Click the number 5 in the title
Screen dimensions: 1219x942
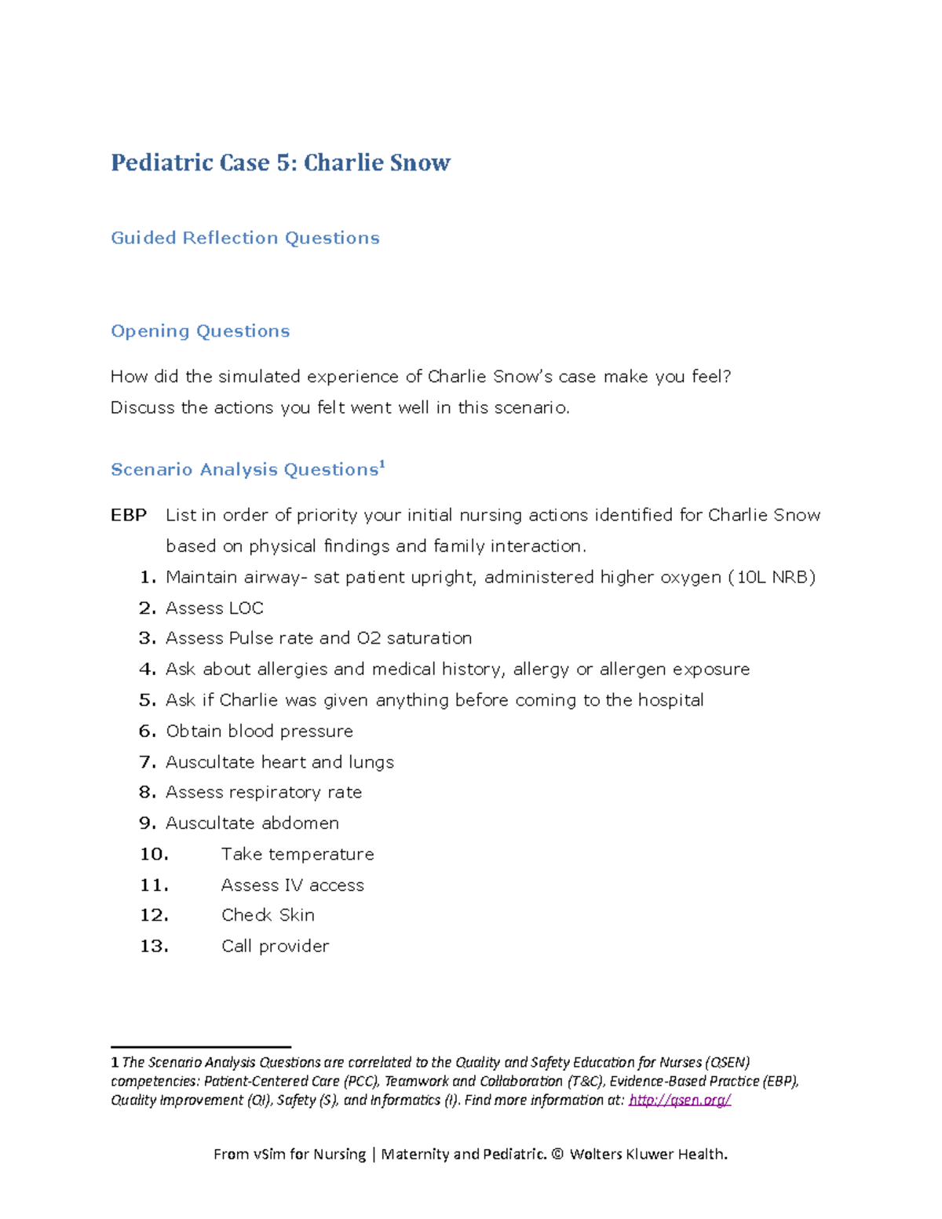tap(283, 162)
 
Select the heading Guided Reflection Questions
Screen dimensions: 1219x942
tap(245, 238)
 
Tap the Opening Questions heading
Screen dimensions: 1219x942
tap(200, 331)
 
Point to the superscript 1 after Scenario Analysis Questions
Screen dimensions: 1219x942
tap(382, 465)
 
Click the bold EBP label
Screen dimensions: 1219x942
tap(129, 515)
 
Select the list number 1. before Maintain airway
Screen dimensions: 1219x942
tap(148, 578)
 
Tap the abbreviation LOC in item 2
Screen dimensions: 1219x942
tap(246, 608)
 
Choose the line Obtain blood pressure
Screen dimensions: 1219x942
tap(259, 732)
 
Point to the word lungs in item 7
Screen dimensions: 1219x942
tap(371, 762)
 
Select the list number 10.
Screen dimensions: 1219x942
tap(154, 854)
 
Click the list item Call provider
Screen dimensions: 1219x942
tap(275, 947)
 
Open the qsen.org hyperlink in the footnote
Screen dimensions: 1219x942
tap(680, 1100)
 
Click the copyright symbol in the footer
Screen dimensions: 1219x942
tap(557, 1154)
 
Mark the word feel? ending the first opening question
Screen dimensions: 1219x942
tap(711, 377)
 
